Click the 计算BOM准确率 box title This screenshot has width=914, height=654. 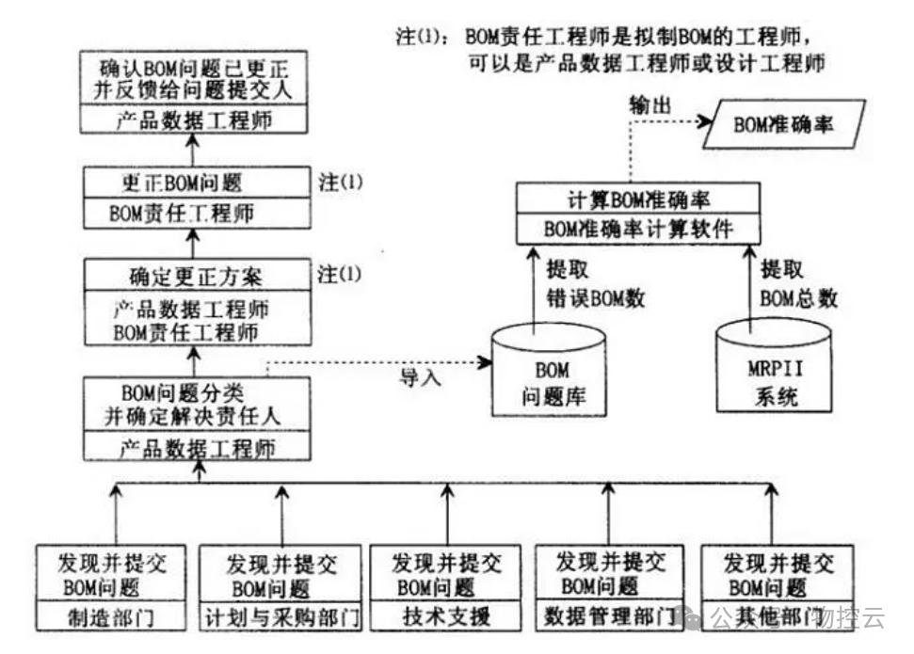tap(638, 200)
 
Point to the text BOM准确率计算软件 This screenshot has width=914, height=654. tap(638, 229)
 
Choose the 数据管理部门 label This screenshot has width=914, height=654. tap(610, 618)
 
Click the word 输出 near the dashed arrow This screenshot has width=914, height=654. tap(650, 106)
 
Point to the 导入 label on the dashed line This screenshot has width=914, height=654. tap(420, 376)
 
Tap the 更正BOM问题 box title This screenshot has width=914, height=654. tap(196, 183)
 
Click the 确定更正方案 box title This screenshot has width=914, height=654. tap(196, 277)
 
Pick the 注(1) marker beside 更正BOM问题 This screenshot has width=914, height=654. tap(340, 183)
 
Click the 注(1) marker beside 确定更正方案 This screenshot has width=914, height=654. tap(340, 275)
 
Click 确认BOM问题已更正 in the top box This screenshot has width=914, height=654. tap(196, 69)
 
